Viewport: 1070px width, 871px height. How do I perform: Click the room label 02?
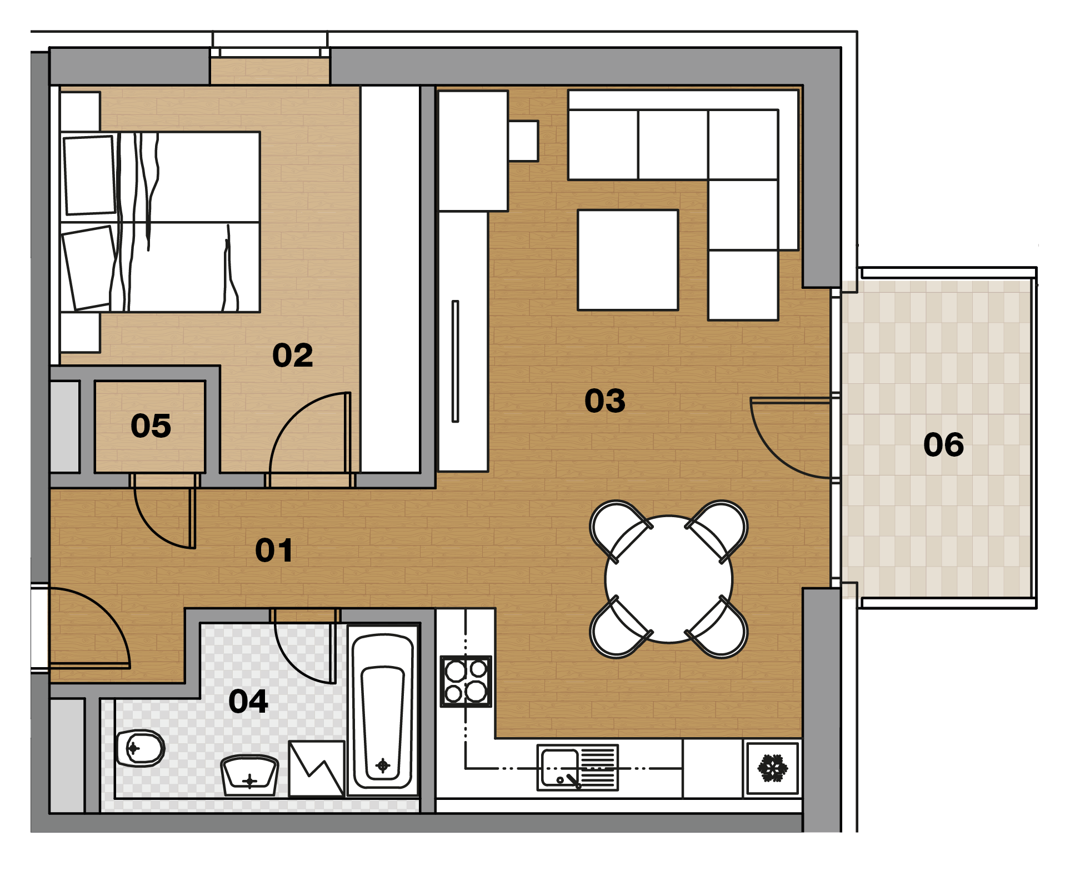293,356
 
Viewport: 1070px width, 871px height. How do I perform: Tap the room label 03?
605,401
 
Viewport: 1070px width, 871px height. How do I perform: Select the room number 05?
151,426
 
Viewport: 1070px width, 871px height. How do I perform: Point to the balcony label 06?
943,445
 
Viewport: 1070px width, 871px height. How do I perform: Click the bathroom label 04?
248,701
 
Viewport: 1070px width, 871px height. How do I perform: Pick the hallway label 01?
274,550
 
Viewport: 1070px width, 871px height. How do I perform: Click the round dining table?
669,579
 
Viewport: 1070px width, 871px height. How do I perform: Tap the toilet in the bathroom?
140,748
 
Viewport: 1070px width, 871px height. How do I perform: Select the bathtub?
383,712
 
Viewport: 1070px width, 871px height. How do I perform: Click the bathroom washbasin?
249,775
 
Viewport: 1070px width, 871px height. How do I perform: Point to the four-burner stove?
466,681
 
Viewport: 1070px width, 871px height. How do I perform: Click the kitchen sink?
578,768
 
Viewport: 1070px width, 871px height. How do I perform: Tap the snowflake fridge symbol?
773,768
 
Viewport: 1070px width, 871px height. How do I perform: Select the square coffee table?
628,260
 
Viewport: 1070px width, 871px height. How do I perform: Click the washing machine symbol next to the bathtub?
317,768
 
